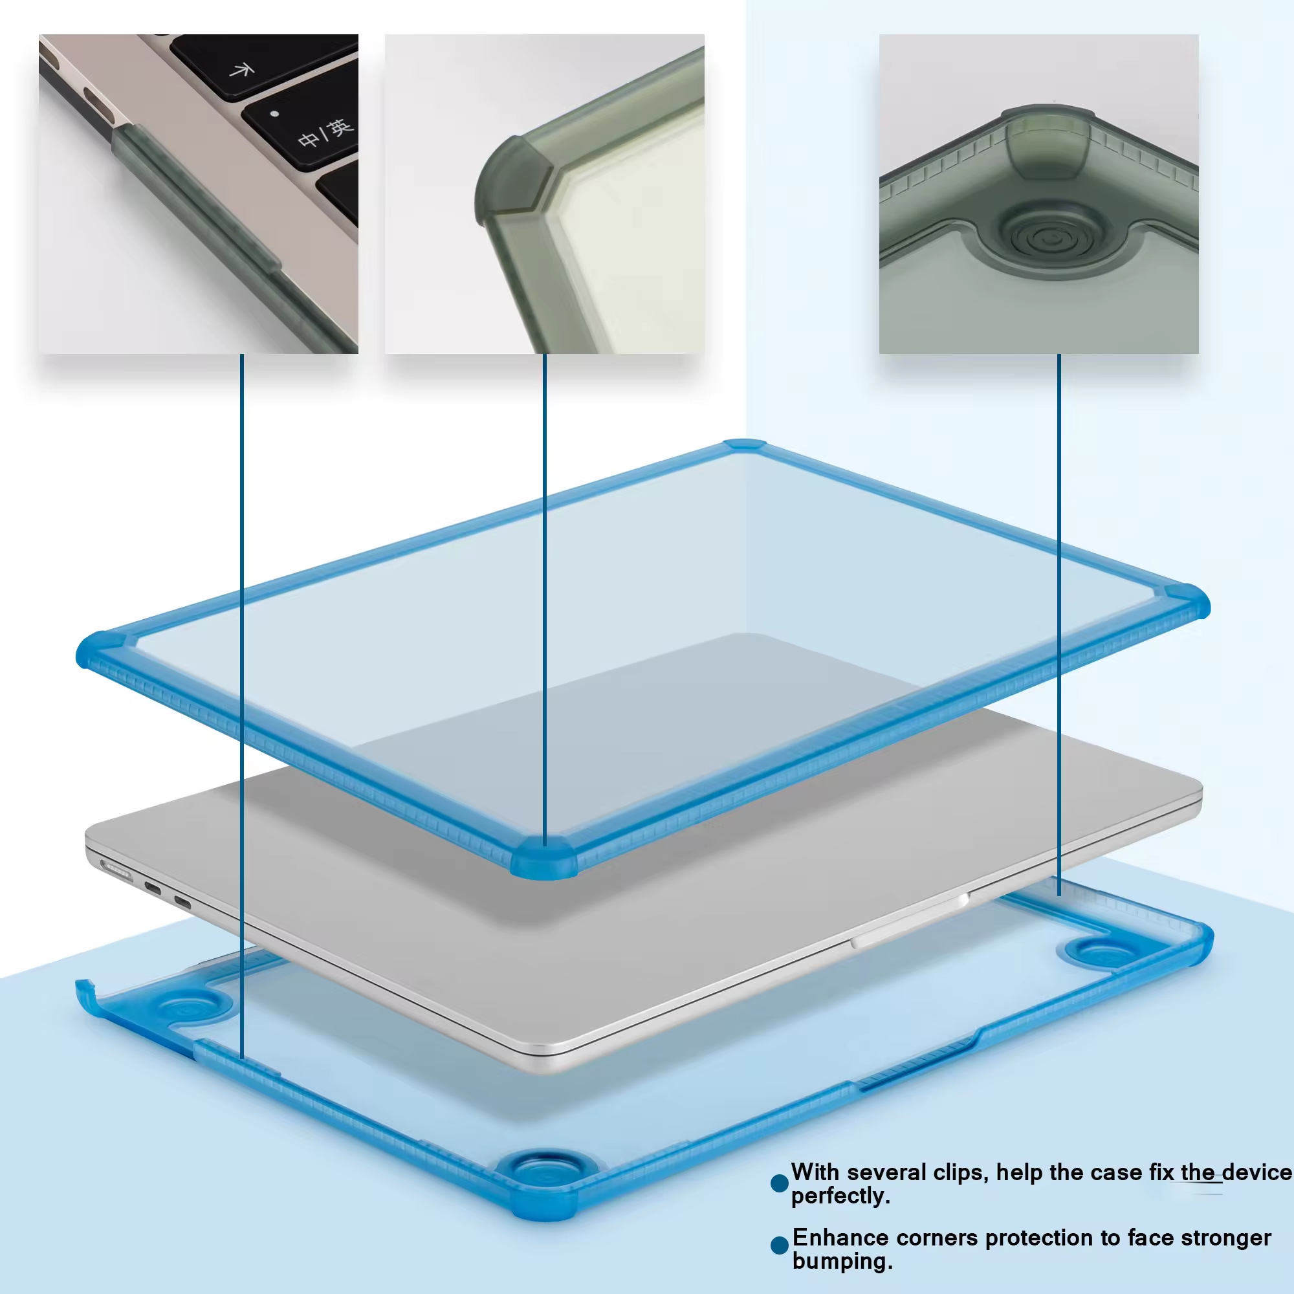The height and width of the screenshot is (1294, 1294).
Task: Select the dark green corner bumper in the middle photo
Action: pos(512,181)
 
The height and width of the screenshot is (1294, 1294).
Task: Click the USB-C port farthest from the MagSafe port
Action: pos(182,902)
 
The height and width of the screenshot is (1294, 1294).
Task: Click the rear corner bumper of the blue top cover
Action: pos(744,444)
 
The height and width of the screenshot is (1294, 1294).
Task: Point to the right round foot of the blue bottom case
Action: pos(1099,952)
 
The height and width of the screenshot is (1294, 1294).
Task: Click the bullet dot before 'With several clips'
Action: pos(780,1183)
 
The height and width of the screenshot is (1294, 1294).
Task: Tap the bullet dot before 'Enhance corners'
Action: pos(780,1245)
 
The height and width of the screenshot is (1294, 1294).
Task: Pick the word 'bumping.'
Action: pos(842,1262)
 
